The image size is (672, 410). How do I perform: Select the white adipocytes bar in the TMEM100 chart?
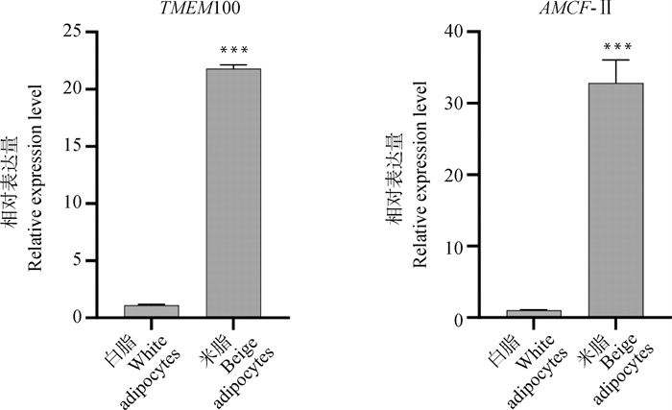point(152,311)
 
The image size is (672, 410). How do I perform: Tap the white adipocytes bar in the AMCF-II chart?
point(535,314)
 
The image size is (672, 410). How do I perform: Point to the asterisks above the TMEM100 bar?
point(233,50)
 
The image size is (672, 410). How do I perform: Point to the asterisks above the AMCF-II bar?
point(616,45)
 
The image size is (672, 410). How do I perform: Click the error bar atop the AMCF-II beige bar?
point(616,71)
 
